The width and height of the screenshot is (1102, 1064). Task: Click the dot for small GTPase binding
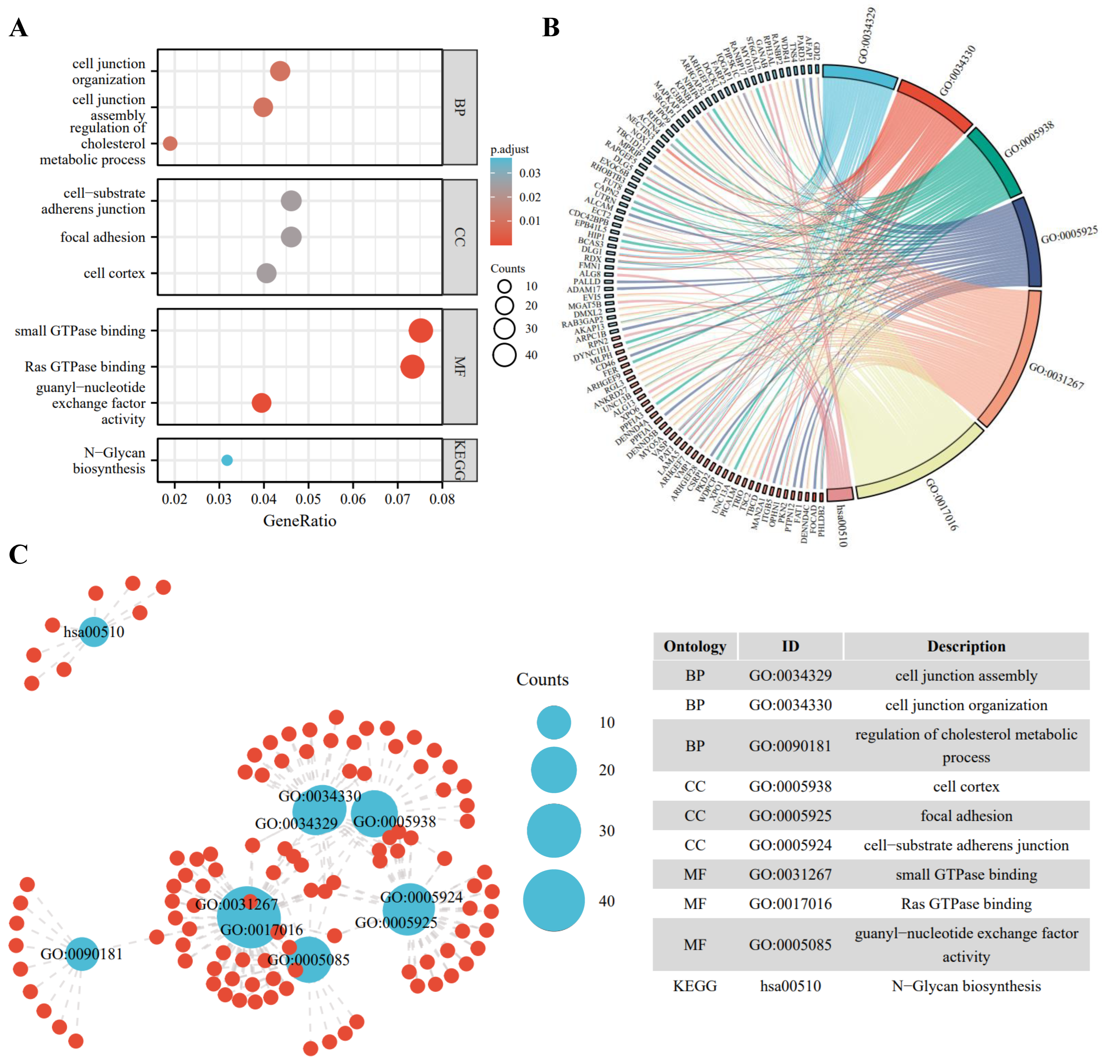[x=421, y=331]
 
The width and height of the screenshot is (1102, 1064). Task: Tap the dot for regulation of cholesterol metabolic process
[x=170, y=143]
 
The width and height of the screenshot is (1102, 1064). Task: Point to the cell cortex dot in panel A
[x=267, y=273]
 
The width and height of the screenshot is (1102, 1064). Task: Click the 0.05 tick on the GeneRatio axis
[x=308, y=499]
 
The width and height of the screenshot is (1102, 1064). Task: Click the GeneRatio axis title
[x=300, y=521]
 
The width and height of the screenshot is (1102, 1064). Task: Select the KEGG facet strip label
[x=460, y=460]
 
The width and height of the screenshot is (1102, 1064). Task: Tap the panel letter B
[x=551, y=27]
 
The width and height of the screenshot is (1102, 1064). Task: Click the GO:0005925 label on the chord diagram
[x=1068, y=235]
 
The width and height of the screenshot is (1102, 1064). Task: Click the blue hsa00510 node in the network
[x=94, y=632]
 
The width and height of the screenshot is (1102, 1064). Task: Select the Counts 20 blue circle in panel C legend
[x=554, y=770]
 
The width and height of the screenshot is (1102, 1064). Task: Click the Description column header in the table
[x=966, y=646]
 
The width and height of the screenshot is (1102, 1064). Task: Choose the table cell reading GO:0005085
[x=790, y=945]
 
